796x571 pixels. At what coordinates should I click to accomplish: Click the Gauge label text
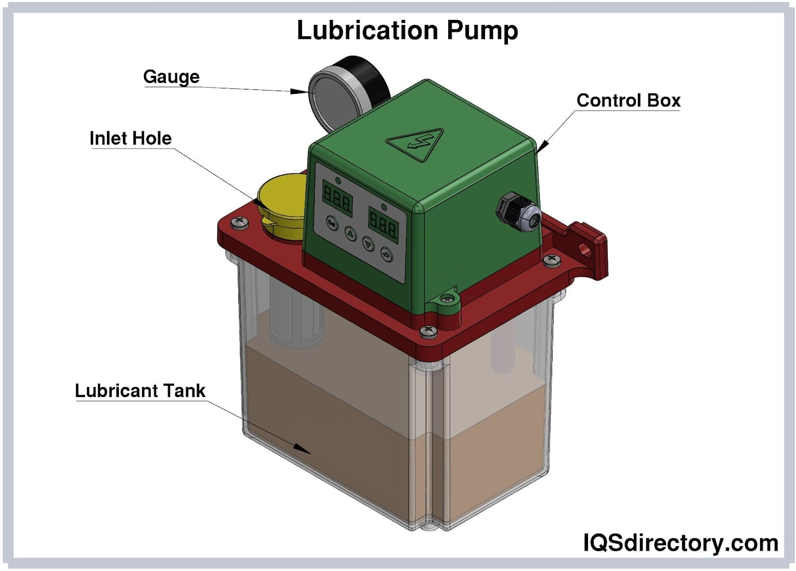[171, 77]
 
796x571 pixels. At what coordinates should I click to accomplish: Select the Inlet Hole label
[130, 138]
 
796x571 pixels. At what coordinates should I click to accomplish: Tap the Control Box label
[628, 100]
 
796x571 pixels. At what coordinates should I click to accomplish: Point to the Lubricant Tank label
[140, 391]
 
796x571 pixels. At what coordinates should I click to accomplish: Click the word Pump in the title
[482, 30]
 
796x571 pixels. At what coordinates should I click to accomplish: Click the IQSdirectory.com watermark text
[680, 543]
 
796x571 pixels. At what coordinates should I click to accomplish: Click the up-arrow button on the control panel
[351, 234]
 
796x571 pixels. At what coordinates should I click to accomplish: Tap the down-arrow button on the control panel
[369, 244]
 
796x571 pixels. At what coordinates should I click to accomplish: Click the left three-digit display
[338, 197]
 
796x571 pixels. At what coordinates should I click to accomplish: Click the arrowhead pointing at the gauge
[299, 91]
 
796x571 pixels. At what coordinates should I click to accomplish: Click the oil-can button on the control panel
[387, 254]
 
